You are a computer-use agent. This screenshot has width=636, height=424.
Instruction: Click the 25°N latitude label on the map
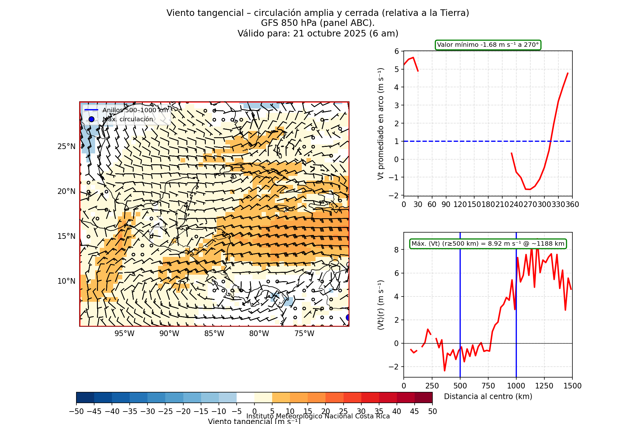point(66,147)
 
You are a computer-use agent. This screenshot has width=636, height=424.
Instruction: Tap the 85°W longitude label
point(214,334)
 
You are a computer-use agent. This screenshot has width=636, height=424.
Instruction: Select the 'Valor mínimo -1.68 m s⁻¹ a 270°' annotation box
point(488,45)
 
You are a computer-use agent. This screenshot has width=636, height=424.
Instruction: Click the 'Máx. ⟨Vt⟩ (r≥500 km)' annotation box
point(488,244)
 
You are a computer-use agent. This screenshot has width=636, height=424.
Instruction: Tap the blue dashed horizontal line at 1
point(468,141)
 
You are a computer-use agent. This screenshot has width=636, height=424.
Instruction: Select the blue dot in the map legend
point(91,119)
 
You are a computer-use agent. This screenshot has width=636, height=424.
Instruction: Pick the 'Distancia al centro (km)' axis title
point(488,397)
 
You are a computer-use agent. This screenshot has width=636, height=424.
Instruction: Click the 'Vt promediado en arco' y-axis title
point(381,124)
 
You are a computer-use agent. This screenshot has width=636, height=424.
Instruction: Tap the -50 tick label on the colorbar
point(76,412)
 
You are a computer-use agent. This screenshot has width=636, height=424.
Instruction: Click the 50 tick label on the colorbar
point(432,412)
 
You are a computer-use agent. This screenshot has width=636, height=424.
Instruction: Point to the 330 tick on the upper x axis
point(558,205)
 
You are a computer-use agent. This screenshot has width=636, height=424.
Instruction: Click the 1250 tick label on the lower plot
point(544,386)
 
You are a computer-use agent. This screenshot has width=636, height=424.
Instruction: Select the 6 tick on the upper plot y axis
point(397,51)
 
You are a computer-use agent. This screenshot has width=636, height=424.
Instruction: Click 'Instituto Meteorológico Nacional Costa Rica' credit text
point(318,416)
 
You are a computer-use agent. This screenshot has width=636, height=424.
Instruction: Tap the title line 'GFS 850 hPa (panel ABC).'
point(318,23)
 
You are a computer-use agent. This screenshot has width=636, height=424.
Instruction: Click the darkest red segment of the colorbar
point(423,397)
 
